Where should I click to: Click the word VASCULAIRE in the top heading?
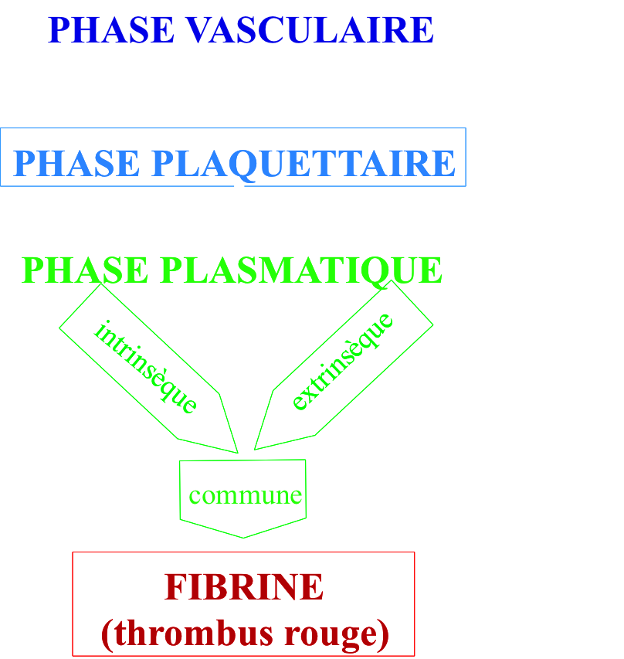coord(310,30)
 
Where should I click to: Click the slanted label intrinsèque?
coord(145,367)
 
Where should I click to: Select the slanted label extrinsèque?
coord(343,362)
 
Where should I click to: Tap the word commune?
coord(245,495)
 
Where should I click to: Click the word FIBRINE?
coord(243,587)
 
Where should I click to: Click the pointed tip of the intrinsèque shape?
coord(236,452)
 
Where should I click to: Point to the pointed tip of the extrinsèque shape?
coord(255,449)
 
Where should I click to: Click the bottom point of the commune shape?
coord(243,537)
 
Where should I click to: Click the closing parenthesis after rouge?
coord(383,634)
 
